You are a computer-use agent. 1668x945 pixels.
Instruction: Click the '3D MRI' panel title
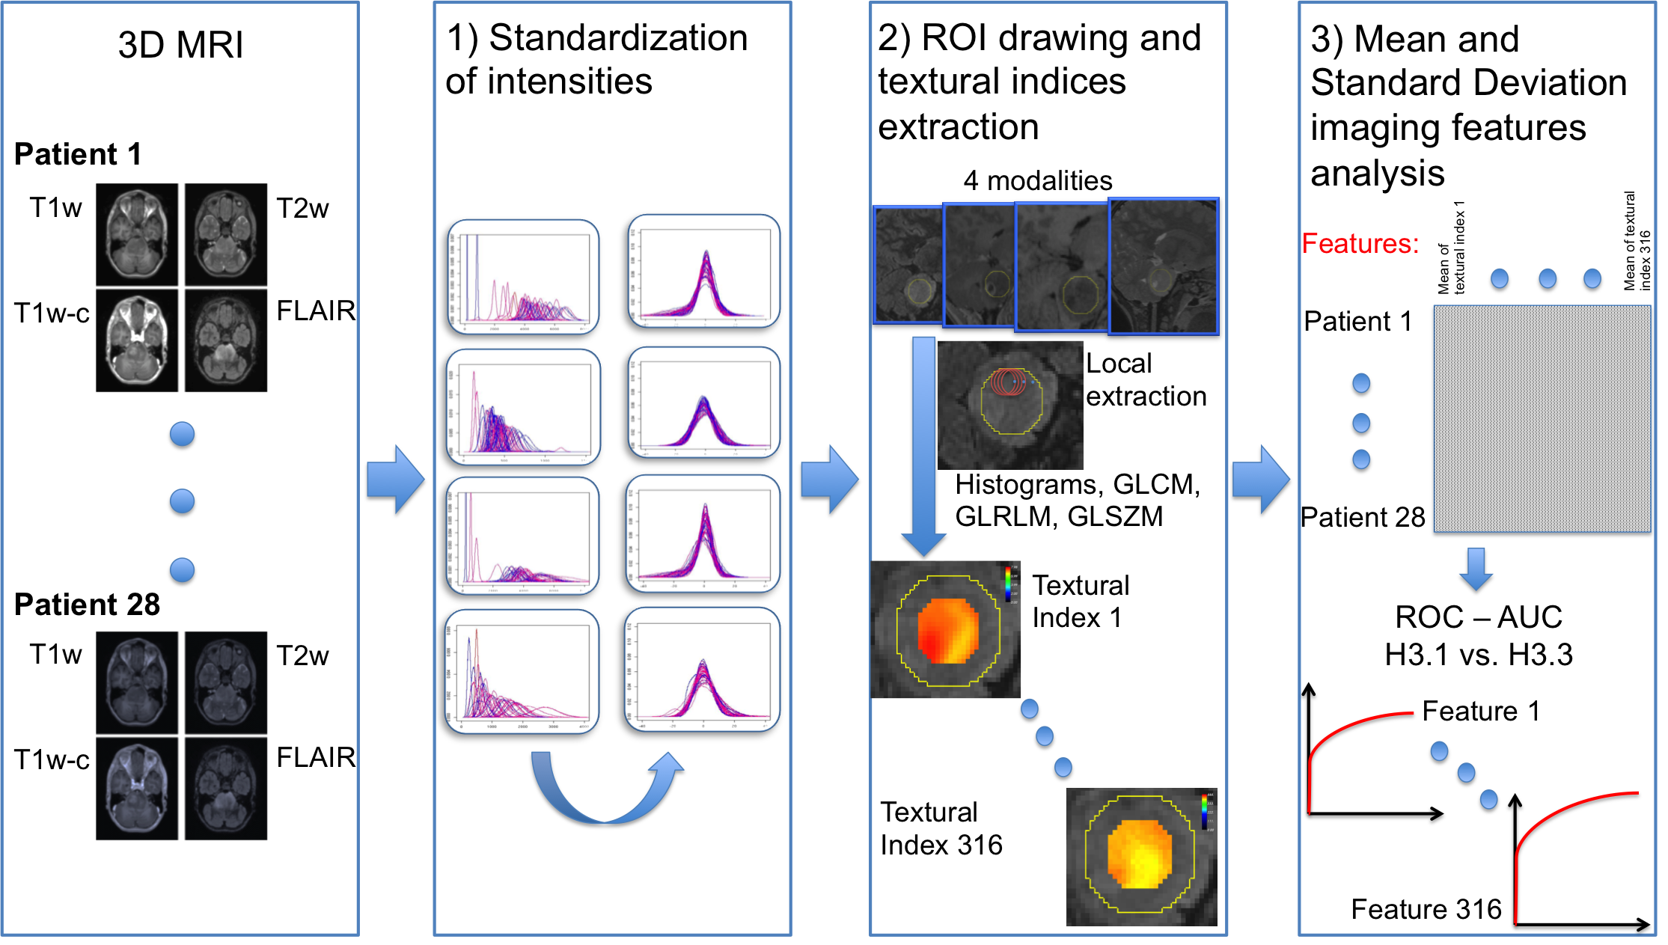pyautogui.click(x=180, y=45)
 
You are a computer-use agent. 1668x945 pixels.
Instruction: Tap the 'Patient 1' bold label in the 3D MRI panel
pyautogui.click(x=78, y=154)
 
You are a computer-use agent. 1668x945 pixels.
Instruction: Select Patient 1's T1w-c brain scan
pyautogui.click(x=137, y=340)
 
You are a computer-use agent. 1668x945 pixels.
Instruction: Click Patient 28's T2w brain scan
pyautogui.click(x=226, y=682)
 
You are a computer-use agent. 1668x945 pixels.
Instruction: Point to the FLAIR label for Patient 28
pyautogui.click(x=316, y=757)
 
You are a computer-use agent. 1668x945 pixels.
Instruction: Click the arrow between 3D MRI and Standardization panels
pyautogui.click(x=396, y=480)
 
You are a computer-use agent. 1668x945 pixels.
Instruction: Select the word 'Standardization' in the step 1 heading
pyautogui.click(x=618, y=37)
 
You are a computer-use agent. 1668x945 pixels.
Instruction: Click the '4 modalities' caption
pyautogui.click(x=1037, y=180)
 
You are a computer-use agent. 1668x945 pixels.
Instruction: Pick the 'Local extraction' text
pyautogui.click(x=1146, y=379)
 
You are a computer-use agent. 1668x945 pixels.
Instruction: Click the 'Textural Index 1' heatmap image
pyautogui.click(x=946, y=629)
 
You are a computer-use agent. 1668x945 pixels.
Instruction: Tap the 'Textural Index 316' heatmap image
pyautogui.click(x=1141, y=857)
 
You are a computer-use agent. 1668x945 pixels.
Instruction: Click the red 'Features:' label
pyautogui.click(x=1360, y=243)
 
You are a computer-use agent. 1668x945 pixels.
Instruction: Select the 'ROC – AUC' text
pyautogui.click(x=1479, y=617)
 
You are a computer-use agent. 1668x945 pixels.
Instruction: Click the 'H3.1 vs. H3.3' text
pyautogui.click(x=1479, y=655)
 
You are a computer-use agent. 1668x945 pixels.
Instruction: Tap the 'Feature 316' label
pyautogui.click(x=1426, y=909)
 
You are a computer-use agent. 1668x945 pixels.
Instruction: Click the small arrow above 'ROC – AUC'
pyautogui.click(x=1476, y=569)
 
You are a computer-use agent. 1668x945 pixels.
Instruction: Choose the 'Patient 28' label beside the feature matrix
pyautogui.click(x=1363, y=517)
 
